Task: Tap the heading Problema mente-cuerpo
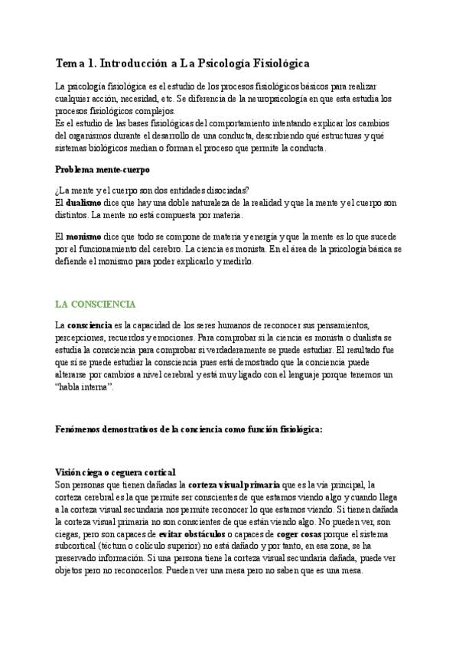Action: pyautogui.click(x=103, y=168)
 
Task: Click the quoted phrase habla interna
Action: pyautogui.click(x=85, y=387)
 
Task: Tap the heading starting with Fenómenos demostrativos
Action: pyautogui.click(x=190, y=430)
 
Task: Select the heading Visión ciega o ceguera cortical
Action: pyautogui.click(x=116, y=472)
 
